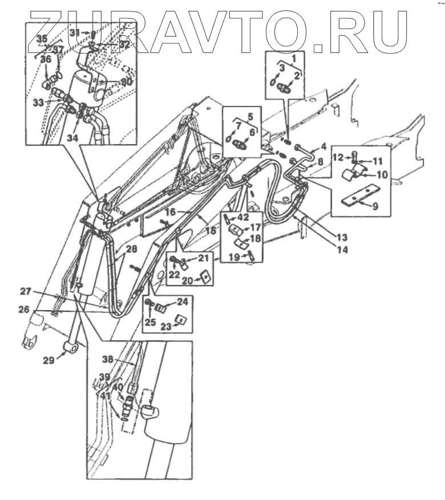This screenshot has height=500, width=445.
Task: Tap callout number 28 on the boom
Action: point(132,249)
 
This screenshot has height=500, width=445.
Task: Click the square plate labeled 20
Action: point(203,278)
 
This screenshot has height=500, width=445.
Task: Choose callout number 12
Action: point(338,156)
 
